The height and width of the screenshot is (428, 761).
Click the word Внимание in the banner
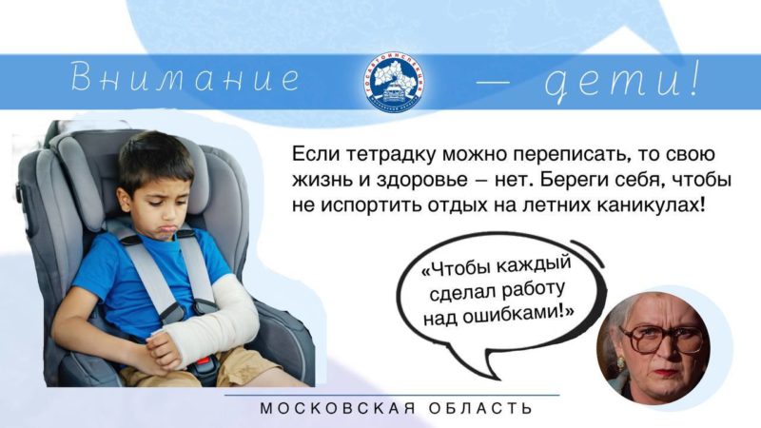pos(185,79)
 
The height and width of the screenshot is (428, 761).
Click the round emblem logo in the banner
pos(394,82)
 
